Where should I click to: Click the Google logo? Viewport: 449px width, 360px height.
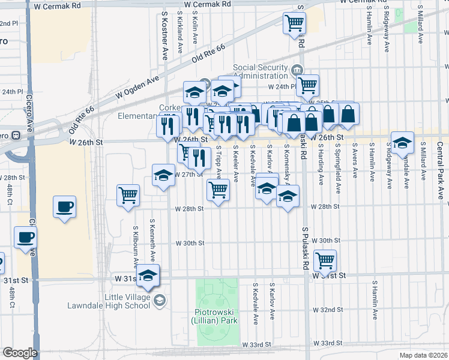(19, 353)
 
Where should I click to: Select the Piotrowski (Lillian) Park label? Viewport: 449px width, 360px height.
(217, 316)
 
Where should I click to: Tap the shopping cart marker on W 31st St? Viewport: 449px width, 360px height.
(325, 261)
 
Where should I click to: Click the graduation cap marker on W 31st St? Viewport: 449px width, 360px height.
(148, 275)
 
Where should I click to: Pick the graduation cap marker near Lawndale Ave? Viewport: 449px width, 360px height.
(402, 143)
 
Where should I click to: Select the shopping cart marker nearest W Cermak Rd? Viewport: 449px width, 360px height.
(295, 23)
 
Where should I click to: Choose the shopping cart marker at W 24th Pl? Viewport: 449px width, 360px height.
(307, 85)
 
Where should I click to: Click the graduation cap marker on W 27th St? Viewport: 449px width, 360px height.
(163, 176)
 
